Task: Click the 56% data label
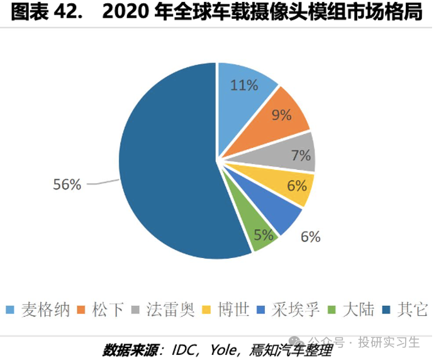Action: tap(67, 184)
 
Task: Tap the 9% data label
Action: tap(282, 115)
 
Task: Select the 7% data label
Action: tap(301, 155)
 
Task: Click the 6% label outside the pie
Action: tap(311, 237)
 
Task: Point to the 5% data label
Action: tap(264, 235)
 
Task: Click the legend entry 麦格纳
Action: tap(38, 309)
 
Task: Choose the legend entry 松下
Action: tap(101, 309)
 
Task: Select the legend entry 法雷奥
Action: tap(163, 309)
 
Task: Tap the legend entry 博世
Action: tap(226, 309)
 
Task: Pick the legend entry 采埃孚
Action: tap(289, 309)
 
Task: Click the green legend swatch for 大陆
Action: tap(331, 310)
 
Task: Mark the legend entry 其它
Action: tap(405, 309)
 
